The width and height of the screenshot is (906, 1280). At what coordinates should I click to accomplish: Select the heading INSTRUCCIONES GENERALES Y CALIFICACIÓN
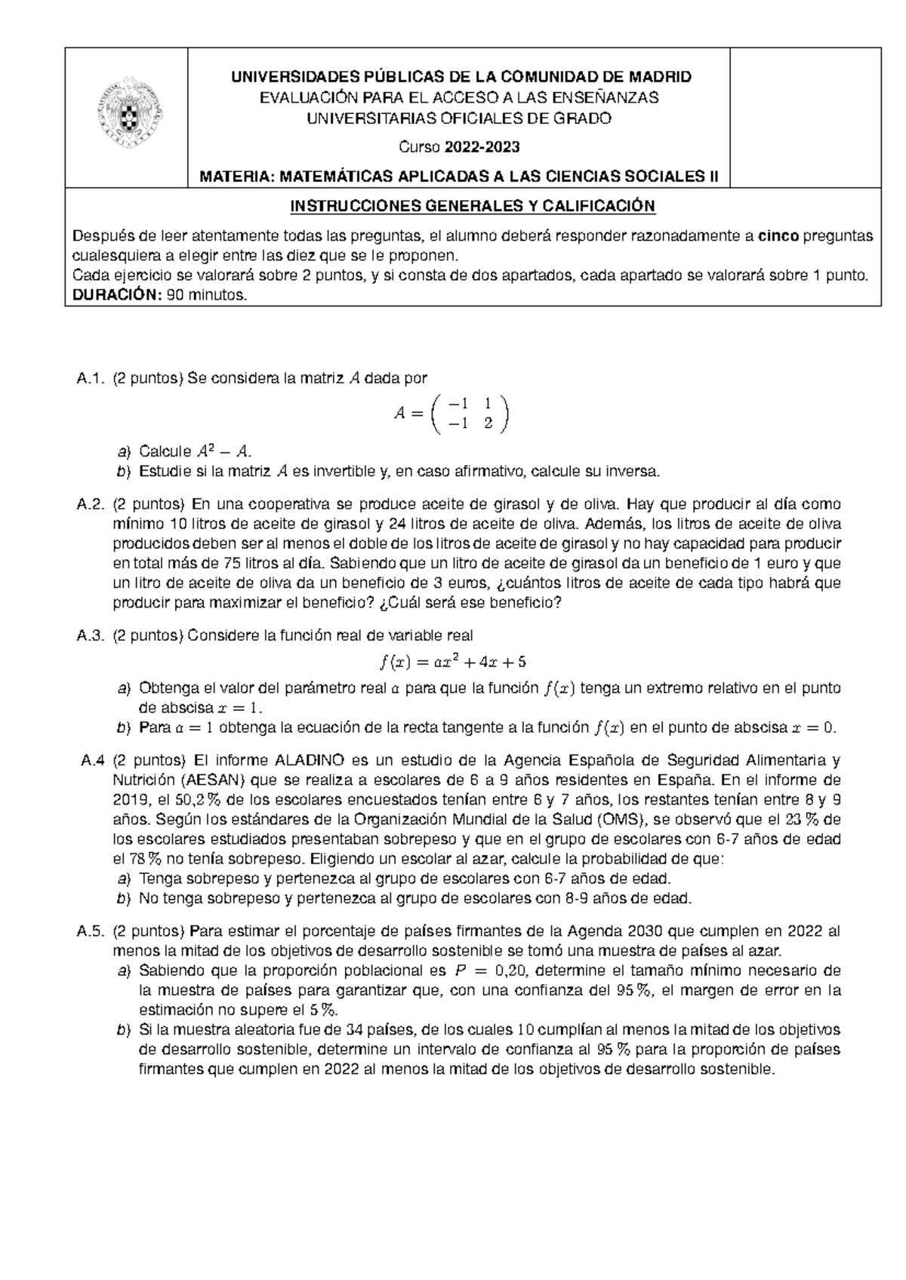[x=473, y=206]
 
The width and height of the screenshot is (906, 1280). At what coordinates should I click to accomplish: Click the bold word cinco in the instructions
[x=778, y=236]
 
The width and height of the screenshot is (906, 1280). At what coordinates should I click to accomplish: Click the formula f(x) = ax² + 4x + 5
[x=453, y=662]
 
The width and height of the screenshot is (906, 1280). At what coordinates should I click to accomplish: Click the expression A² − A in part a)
[x=221, y=452]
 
